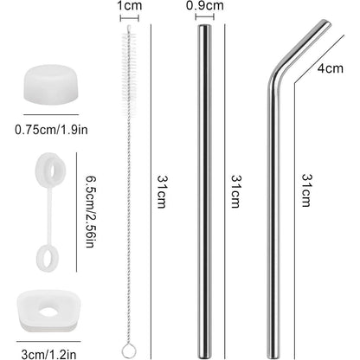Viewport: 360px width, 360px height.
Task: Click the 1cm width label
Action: pyautogui.click(x=130, y=5)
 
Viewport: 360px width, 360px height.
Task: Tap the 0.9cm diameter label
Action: pyautogui.click(x=205, y=5)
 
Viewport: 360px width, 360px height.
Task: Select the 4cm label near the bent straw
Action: pyautogui.click(x=331, y=68)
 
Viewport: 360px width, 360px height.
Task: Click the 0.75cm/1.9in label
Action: pyautogui.click(x=51, y=130)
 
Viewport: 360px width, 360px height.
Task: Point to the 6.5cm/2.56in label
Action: pyautogui.click(x=90, y=212)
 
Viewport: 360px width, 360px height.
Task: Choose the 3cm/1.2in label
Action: pyautogui.click(x=48, y=354)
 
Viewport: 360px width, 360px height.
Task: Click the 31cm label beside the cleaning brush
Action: pyautogui.click(x=162, y=191)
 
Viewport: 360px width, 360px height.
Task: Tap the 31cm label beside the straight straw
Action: pyautogui.click(x=235, y=191)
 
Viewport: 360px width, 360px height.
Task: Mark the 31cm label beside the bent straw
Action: pyautogui.click(x=306, y=190)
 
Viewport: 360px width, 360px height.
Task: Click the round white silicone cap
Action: pyautogui.click(x=51, y=84)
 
